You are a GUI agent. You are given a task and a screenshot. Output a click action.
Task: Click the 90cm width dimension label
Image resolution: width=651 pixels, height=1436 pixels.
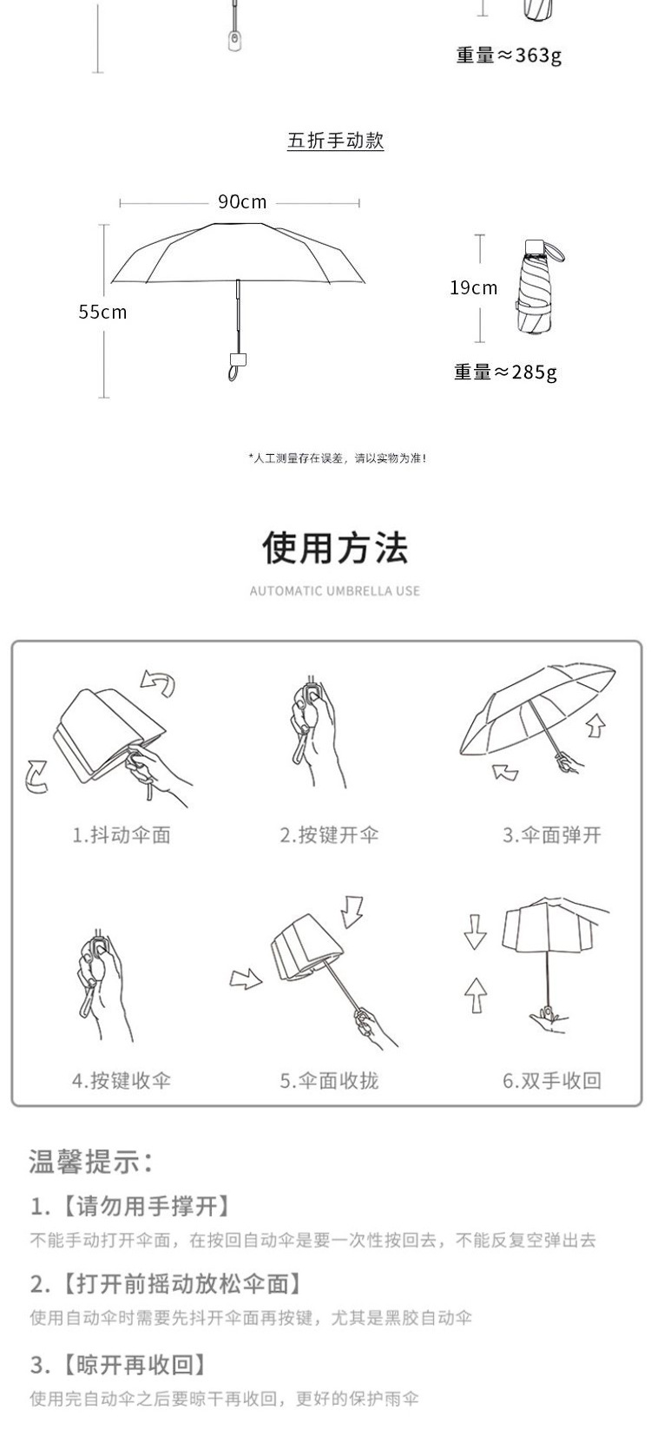(x=242, y=202)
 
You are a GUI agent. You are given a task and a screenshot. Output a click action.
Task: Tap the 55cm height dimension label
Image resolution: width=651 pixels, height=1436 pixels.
(x=102, y=312)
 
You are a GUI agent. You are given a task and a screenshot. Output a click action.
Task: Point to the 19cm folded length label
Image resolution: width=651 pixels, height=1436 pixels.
(x=474, y=287)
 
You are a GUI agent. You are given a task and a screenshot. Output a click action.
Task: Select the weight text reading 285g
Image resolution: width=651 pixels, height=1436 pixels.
(x=506, y=372)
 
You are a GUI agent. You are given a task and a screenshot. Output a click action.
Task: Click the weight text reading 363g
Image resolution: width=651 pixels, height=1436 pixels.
(x=510, y=56)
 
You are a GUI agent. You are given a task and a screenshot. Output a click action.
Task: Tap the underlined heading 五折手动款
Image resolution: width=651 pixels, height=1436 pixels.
(x=336, y=141)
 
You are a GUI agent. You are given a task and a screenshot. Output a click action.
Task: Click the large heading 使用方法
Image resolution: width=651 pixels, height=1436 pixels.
(x=335, y=548)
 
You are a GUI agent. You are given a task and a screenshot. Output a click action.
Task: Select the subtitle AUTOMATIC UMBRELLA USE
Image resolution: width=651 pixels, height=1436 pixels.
(x=335, y=591)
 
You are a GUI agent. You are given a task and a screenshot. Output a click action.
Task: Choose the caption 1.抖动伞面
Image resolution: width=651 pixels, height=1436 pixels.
(x=122, y=835)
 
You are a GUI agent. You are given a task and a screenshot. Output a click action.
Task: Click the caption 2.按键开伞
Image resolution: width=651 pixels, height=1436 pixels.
(x=329, y=835)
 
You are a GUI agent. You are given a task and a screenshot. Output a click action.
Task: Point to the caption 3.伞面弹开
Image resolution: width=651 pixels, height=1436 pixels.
(x=552, y=835)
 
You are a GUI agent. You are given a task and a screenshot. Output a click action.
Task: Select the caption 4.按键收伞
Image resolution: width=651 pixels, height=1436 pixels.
(x=122, y=1081)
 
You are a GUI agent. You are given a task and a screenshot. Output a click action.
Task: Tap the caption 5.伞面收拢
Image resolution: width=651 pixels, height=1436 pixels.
(x=329, y=1081)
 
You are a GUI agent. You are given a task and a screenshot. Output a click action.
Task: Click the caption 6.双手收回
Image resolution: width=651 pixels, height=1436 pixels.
(x=552, y=1081)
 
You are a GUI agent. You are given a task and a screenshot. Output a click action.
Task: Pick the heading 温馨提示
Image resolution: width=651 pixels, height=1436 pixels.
(x=92, y=1161)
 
